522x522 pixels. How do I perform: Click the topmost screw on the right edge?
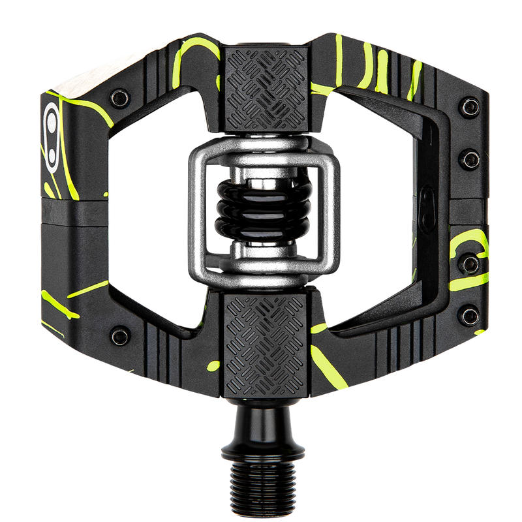click(468, 105)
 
